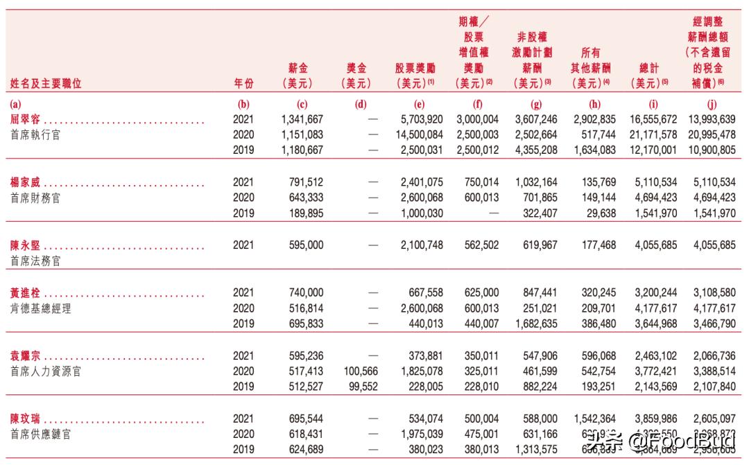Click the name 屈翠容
26,120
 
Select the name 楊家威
26,183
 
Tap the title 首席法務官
35,261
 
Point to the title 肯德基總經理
40,308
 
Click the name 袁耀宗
26,356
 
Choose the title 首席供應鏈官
40,435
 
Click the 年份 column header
243,84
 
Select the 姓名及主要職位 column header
46,84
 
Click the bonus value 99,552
360,387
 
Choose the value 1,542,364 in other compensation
592,419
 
